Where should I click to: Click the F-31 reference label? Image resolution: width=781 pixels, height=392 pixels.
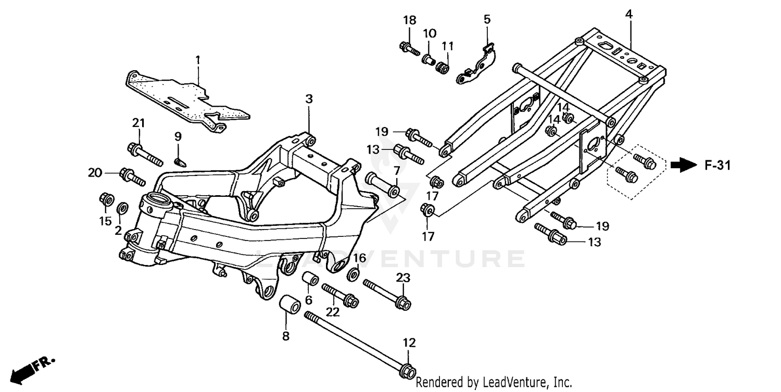718,166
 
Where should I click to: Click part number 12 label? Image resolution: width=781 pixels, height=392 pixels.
409,343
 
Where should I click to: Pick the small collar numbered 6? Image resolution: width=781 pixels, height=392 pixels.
311,280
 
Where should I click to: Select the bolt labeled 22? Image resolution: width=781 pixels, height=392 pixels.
338,294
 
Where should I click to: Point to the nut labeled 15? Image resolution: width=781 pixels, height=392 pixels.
107,199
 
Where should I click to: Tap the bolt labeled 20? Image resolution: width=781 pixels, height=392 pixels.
132,176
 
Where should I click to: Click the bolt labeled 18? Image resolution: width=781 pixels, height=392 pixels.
410,48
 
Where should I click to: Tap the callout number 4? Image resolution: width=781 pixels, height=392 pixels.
629,15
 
